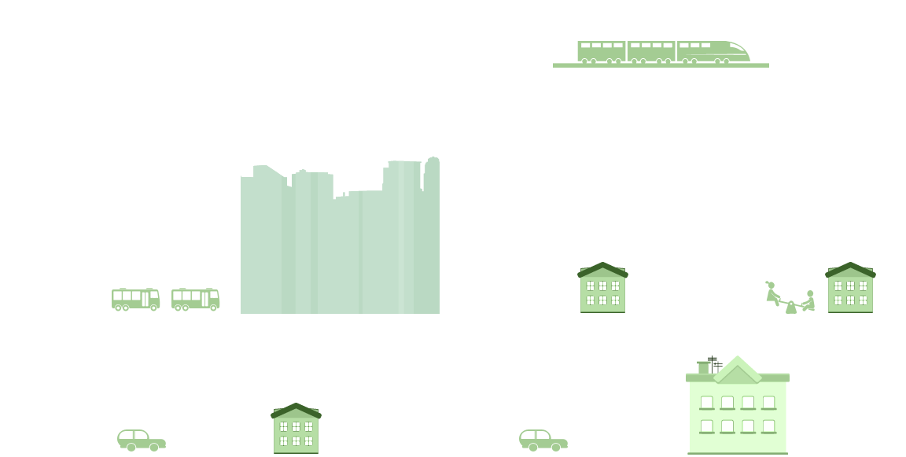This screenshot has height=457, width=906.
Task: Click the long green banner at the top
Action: click(x=661, y=54)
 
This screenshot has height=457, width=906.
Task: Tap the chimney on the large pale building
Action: click(x=703, y=367)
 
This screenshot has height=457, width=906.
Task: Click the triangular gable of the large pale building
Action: click(x=737, y=371)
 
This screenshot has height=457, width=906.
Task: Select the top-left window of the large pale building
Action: click(x=707, y=403)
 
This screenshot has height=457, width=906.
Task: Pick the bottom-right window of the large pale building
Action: click(x=768, y=426)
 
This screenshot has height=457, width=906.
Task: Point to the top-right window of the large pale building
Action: click(x=768, y=403)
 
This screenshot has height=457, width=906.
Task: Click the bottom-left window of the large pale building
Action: click(x=707, y=426)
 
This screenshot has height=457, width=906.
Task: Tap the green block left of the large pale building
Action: click(x=543, y=440)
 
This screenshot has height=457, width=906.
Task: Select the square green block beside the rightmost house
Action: click(x=790, y=297)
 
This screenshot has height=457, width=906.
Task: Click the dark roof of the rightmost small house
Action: click(x=850, y=270)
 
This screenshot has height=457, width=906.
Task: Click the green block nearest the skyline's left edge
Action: click(x=195, y=300)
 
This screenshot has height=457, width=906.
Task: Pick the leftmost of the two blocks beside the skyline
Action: click(x=135, y=300)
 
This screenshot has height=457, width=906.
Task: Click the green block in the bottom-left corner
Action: click(x=141, y=440)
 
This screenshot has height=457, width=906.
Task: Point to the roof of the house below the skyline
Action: click(x=296, y=411)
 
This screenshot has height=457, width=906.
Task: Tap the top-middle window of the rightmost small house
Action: click(x=850, y=286)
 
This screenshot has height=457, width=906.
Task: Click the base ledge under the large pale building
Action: click(x=738, y=453)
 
